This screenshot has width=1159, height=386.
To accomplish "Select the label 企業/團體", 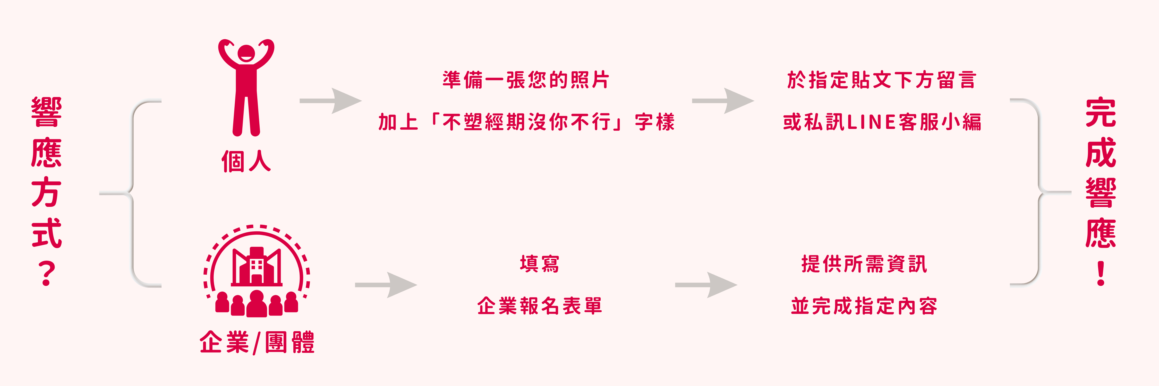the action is [257, 343].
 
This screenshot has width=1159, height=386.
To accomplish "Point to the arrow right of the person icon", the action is [331, 101].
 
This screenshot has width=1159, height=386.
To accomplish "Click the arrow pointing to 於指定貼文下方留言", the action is [723, 101].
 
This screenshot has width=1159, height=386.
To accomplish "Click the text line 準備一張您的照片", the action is [525, 80].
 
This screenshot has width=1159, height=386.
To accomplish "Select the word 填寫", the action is [540, 264].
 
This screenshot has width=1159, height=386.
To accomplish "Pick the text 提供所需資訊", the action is [864, 264].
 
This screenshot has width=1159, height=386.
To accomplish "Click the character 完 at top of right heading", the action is [1101, 112].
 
